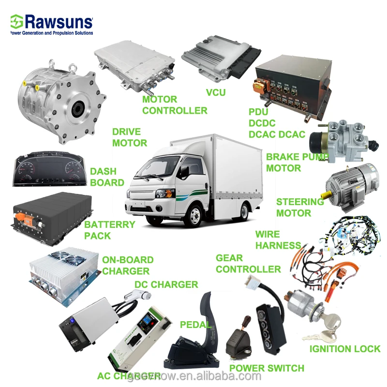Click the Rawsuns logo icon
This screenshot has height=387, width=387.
coord(16,22)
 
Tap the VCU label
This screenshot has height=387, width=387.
coord(216,92)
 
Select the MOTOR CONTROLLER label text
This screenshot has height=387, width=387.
coord(175,105)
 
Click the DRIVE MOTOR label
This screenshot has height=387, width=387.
coord(130,137)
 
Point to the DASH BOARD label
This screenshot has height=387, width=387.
coord(107,177)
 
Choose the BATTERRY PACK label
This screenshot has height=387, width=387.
coord(109,230)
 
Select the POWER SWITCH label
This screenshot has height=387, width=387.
coord(267,368)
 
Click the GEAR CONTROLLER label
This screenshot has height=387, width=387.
coord(248,264)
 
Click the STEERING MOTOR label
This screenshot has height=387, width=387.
coord(300,207)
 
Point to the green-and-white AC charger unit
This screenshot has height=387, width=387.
coord(141,334)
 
